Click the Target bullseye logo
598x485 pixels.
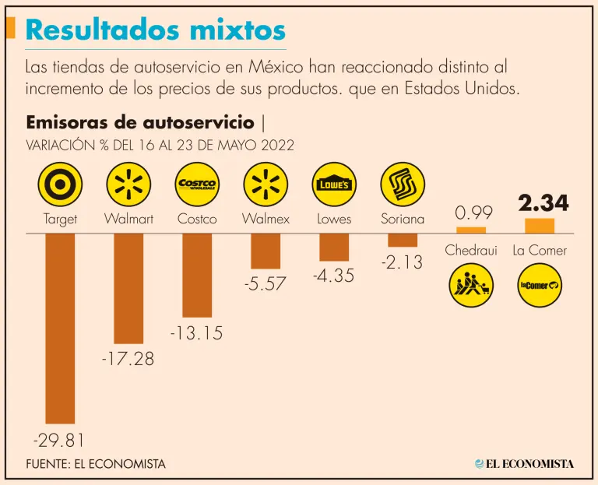60,185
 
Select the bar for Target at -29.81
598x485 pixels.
60,328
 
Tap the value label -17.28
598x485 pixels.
128,360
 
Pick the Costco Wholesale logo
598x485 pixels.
197,185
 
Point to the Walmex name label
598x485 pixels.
266,219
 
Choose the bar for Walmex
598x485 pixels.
266,251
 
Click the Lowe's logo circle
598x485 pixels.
334,185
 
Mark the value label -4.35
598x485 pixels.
334,276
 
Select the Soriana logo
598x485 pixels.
403,185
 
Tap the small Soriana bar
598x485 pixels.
403,240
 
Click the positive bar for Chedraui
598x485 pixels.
471,230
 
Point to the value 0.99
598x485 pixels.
471,212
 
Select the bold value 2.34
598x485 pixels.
540,204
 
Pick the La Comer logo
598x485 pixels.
540,286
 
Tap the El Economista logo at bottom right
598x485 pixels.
525,464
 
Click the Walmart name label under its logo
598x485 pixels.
128,219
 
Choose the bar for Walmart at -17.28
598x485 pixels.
128,288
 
